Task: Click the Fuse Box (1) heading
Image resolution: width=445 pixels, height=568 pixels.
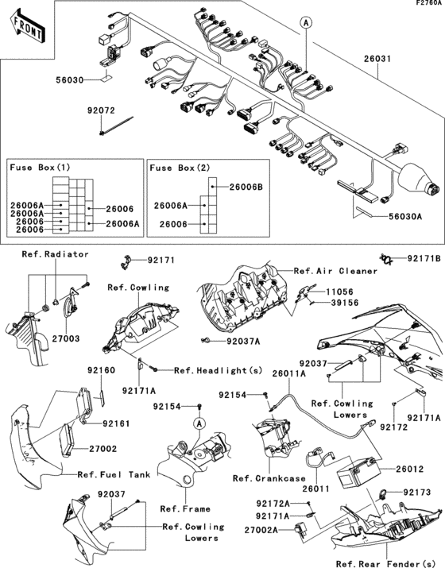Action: coord(40,168)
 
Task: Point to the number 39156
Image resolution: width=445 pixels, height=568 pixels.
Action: coord(341,303)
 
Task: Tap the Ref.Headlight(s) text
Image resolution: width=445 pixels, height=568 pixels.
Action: coord(207,370)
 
